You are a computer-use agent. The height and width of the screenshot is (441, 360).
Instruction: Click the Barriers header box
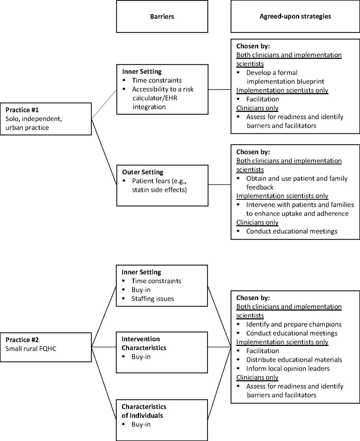point(162,17)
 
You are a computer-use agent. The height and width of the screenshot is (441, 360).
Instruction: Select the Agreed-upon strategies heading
point(295,16)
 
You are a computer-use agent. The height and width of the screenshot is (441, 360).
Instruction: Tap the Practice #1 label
point(22,110)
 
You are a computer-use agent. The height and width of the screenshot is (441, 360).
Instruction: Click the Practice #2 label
point(22,340)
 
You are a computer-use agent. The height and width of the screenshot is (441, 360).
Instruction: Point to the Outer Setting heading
point(142,172)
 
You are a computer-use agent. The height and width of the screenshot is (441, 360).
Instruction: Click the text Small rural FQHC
point(31,349)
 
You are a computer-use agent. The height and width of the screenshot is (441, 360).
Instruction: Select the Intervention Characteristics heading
point(144,343)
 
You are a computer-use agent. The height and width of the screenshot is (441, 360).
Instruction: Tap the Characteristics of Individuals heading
point(144,411)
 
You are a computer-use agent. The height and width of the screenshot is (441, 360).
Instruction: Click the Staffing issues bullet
point(152,299)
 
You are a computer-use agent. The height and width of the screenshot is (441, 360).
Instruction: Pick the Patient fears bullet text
point(159,185)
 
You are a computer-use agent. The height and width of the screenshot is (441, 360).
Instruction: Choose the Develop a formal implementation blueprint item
point(285,77)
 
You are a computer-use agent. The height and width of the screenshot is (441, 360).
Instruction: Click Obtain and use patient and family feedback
point(297,183)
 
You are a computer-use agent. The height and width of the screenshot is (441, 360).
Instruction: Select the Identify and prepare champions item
point(294,324)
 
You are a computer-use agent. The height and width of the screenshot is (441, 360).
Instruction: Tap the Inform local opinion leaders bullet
point(288,368)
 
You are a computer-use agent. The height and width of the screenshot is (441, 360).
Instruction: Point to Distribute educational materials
point(294,360)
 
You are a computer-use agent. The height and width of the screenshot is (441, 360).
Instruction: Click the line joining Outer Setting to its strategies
point(220,185)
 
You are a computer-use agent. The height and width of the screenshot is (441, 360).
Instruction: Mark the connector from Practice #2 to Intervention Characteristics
point(104,347)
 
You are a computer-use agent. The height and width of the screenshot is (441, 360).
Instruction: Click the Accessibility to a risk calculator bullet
point(163,98)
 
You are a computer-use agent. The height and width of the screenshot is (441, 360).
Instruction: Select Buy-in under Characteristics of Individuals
point(141,424)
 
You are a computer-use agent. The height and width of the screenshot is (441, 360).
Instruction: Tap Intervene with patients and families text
point(300,209)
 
